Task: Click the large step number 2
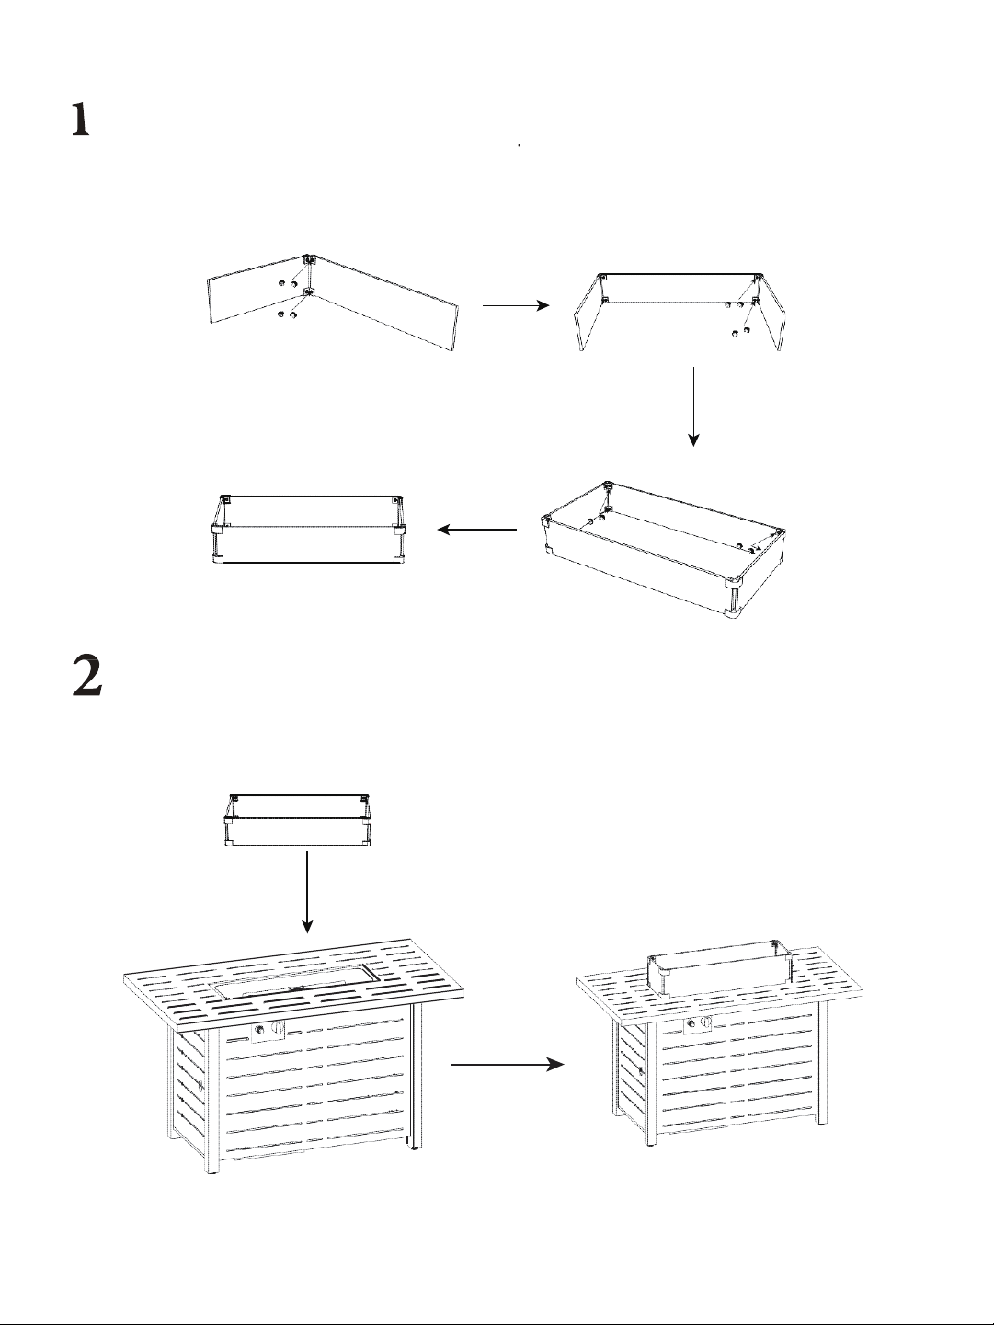coord(87,676)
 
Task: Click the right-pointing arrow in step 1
coord(516,305)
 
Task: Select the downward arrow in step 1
coord(694,406)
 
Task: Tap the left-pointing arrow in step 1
coord(477,530)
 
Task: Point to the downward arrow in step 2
coord(307,900)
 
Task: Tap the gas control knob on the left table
coord(278,1028)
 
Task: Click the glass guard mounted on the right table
coord(718,965)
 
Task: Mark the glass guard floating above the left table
coord(297,819)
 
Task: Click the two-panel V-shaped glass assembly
coord(333,302)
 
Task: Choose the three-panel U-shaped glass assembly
coord(679,312)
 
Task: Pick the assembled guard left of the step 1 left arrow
coord(308,530)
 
